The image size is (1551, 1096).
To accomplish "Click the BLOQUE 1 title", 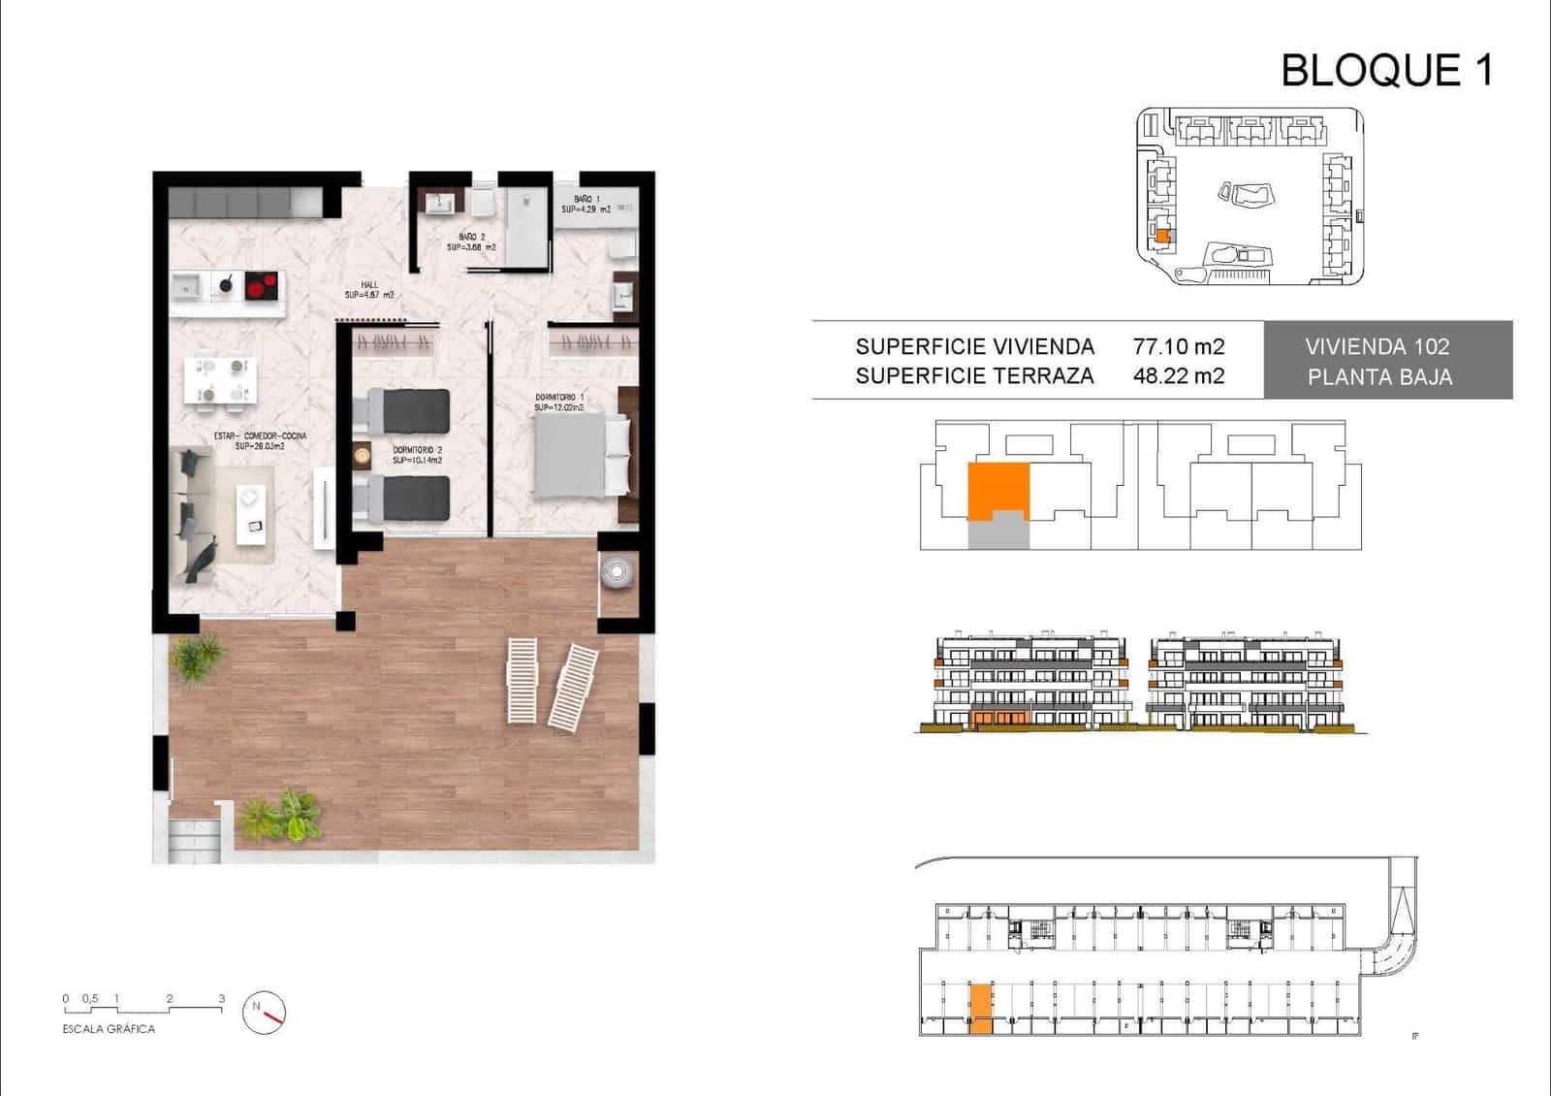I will (1386, 71).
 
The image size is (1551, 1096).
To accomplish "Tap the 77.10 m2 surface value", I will (1179, 346).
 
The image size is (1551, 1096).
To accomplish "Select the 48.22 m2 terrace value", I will (1179, 376).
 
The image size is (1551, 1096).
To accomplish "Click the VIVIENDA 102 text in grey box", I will (1377, 346).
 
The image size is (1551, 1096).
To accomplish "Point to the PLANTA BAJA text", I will (1379, 377).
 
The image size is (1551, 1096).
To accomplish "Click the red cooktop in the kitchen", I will (261, 285).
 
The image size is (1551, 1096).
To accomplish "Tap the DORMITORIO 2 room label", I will (417, 455).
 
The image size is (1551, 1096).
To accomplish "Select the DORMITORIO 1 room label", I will (559, 403).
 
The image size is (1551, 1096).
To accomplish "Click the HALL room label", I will (369, 290).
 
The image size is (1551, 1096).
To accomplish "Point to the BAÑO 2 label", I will (471, 242).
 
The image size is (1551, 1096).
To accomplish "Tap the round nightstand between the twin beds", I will (363, 454).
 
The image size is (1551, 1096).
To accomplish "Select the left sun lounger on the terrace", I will (522, 680).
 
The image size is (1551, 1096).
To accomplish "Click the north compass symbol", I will (265, 1012).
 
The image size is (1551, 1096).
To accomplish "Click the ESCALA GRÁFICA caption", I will (109, 1029).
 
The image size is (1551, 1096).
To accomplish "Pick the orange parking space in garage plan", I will (981, 1009).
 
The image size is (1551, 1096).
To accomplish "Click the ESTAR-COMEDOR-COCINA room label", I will (260, 441).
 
